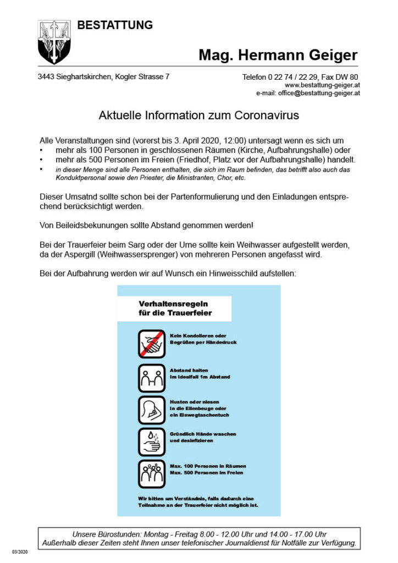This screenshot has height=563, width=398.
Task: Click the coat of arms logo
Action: pos(54,42)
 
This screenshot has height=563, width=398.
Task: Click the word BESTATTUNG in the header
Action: pos(115,25)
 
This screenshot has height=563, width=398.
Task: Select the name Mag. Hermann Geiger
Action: pos(278,55)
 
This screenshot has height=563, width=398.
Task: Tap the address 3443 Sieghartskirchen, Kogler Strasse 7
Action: pos(103,77)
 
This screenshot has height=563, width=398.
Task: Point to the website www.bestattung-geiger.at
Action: pos(322,86)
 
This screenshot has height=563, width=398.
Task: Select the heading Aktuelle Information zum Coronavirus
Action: pos(198,116)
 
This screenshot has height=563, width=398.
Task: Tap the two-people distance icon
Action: pos(152,378)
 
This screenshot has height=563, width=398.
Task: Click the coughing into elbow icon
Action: pos(152,410)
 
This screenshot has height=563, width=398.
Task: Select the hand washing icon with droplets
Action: pos(152,442)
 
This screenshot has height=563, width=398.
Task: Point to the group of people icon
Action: pos(152,474)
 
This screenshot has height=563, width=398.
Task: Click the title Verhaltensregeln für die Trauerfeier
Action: pos(174,308)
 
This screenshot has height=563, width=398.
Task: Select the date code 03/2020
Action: pos(19,551)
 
